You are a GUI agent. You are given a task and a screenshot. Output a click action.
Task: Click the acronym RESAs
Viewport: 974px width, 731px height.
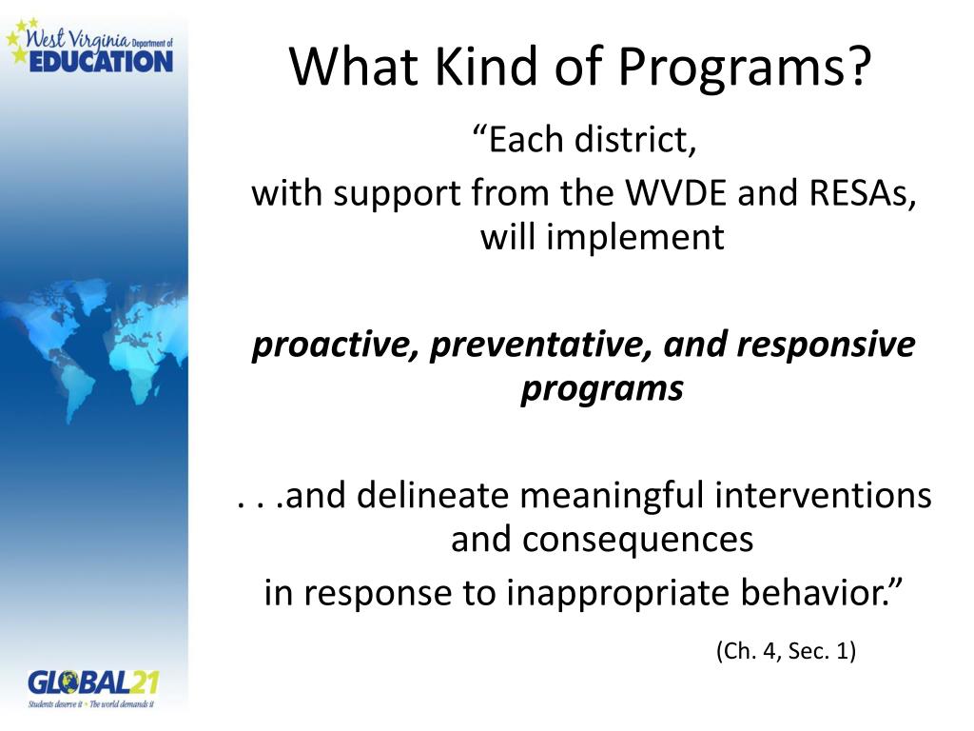(862, 192)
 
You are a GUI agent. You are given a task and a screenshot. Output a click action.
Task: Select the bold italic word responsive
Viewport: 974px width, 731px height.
(826, 345)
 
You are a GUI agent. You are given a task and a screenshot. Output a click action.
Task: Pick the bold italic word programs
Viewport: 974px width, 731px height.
(602, 389)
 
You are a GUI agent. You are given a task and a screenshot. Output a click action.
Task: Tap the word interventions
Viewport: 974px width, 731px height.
(823, 495)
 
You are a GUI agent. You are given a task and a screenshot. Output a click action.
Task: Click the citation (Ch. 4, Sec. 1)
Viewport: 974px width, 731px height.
(786, 651)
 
